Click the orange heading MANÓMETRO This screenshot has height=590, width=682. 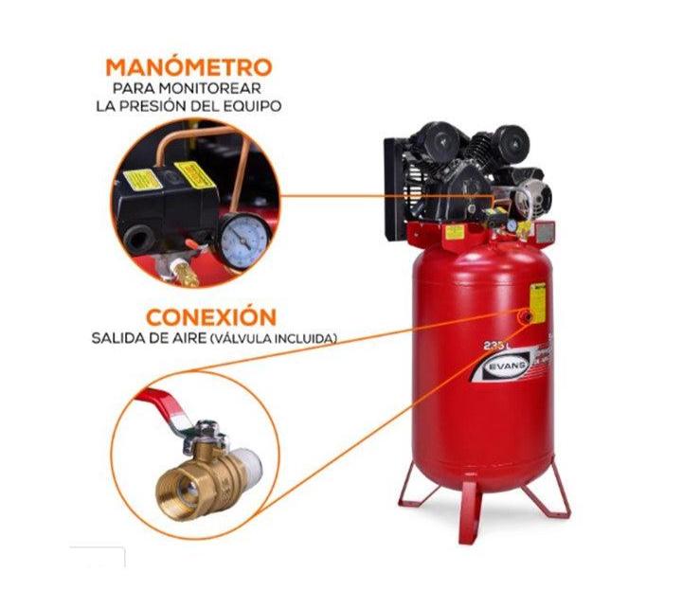coord(188,67)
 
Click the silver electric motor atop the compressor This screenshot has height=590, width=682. coord(529,197)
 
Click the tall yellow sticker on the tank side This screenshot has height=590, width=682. coord(537,302)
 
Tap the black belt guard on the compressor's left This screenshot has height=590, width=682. coord(397,187)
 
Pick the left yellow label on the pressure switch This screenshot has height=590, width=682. coord(142,180)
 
